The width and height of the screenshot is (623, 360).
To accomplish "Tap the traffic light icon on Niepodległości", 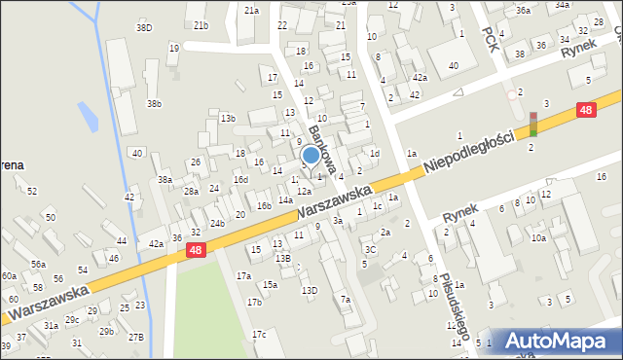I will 532,124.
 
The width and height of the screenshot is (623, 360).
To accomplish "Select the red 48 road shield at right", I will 585,111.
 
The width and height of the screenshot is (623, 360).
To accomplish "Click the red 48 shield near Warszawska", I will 196,251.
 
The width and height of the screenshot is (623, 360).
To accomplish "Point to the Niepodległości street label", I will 468,154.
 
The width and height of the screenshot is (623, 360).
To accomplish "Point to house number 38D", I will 144,28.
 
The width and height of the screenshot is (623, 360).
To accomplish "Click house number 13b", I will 228,119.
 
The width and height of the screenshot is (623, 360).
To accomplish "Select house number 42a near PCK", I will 419,78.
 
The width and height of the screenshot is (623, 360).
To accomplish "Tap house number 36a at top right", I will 523,11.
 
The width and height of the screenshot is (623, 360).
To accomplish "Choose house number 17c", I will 259,335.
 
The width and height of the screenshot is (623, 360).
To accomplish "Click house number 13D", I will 309,290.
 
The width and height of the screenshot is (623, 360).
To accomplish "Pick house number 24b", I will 217,224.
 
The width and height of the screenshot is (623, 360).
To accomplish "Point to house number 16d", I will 240,180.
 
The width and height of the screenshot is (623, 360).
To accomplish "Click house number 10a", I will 538,237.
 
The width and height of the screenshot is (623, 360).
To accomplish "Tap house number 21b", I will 201,25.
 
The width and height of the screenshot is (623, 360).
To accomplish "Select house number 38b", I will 154,103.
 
